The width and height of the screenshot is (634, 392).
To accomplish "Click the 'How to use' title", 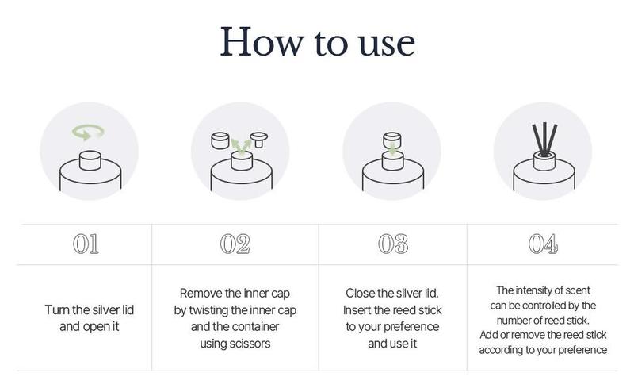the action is point(318,42).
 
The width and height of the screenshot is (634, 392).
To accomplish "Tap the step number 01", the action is point(86,244).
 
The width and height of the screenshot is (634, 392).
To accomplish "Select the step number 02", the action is point(235,244).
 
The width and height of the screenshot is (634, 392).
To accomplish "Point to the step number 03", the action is point(393,244).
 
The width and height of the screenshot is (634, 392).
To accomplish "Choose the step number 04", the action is point(543,244).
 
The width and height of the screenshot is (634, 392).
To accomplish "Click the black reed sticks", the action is point(544,139).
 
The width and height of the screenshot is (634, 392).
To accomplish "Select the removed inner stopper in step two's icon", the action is point(259,140).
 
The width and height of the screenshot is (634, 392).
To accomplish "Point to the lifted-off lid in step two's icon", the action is point(220,140).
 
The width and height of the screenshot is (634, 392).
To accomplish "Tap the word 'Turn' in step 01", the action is point(57,309).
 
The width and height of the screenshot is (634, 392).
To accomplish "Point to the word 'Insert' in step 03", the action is point(357,310).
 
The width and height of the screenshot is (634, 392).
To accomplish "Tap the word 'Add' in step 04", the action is point(488,335).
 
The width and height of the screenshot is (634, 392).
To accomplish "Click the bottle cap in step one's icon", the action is point(90,160).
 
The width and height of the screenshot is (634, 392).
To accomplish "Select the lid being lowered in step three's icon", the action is point(392,140).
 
